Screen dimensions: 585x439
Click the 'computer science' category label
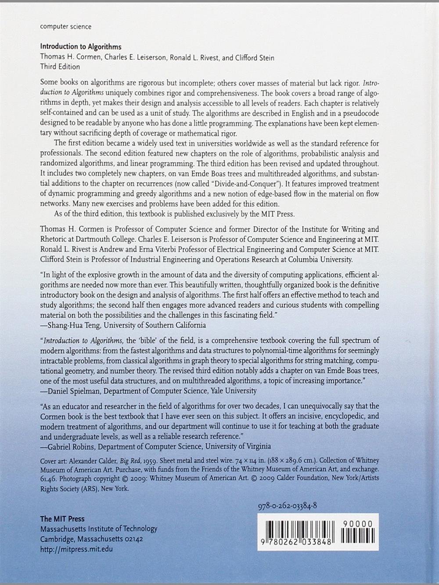point(66,26)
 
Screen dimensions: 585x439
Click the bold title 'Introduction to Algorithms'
point(81,47)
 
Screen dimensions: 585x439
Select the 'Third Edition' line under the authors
point(60,67)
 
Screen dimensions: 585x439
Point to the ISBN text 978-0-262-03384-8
point(288,506)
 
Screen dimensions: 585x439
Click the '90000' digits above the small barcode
point(358,524)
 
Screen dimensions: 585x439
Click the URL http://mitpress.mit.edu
point(76,549)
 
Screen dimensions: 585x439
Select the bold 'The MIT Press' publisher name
point(62,519)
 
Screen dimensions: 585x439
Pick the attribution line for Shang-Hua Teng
point(123,325)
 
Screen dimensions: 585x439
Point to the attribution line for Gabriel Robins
point(155,446)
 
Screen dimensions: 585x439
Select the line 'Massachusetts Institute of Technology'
point(99,529)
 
